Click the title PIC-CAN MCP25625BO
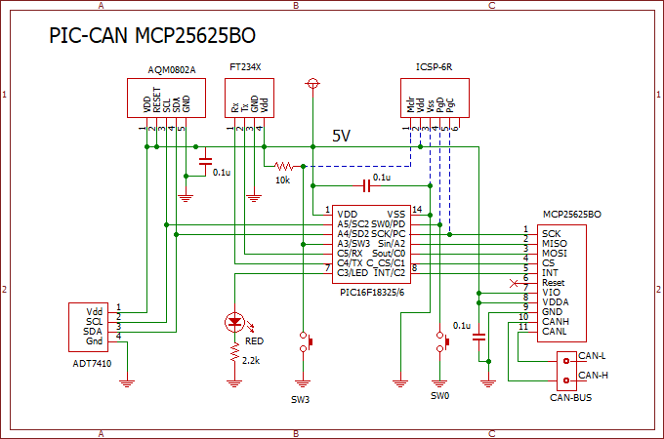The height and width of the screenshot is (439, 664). pyautogui.click(x=154, y=37)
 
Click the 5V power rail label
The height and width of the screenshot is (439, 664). pyautogui.click(x=342, y=135)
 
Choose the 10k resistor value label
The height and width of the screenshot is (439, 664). pyautogui.click(x=282, y=180)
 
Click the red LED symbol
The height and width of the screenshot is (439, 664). pyautogui.click(x=234, y=320)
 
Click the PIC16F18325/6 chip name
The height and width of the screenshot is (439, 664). pyautogui.click(x=373, y=291)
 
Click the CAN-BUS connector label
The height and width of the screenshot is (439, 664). pyautogui.click(x=571, y=398)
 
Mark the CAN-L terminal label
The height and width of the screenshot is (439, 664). pyautogui.click(x=592, y=355)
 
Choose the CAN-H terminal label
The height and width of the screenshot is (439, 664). pyautogui.click(x=592, y=375)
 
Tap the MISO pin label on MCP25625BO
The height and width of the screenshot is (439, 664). pyautogui.click(x=554, y=244)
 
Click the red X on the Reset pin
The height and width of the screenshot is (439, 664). pyautogui.click(x=515, y=283)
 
